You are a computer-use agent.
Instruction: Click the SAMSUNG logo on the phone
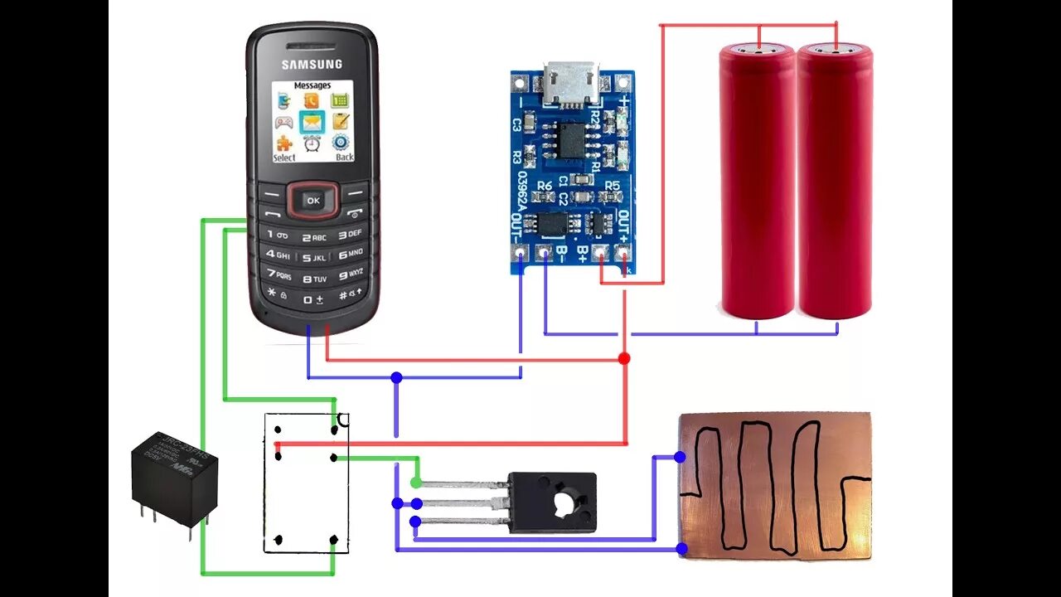click(x=312, y=64)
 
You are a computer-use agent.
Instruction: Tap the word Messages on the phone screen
click(x=312, y=85)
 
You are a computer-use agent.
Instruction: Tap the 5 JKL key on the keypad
click(x=313, y=255)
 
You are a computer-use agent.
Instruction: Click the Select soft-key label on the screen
click(x=284, y=157)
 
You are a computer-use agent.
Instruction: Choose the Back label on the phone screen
click(x=344, y=157)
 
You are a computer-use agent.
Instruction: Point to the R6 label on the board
click(x=545, y=186)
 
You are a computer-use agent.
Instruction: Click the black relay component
click(x=174, y=477)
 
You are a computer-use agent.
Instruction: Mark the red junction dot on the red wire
click(x=623, y=358)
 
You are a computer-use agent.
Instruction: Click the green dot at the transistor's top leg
click(x=415, y=483)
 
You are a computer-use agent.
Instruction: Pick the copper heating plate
click(x=774, y=485)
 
